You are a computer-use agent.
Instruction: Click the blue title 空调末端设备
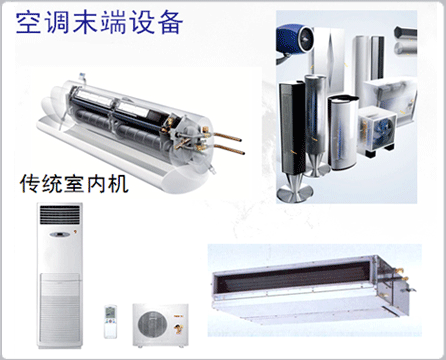pos(99,23)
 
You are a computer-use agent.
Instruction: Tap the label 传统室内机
pos(74,184)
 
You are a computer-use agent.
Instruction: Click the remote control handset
pos(110,321)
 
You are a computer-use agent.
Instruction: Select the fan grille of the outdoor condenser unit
pos(153,324)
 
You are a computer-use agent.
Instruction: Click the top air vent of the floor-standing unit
pos(60,215)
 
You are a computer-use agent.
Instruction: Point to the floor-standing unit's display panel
pos(60,235)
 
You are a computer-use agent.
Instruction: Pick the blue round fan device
pos(295,38)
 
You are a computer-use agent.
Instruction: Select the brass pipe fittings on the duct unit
pos(404,282)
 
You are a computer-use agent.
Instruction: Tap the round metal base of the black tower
pos(295,193)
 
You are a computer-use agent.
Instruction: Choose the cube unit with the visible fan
pos(378,131)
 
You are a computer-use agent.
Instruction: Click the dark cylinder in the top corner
pos(405,33)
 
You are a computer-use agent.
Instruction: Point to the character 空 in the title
pos(28,23)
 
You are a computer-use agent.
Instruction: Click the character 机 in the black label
pos(118,184)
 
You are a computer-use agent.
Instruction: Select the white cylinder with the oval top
pos(343,132)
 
